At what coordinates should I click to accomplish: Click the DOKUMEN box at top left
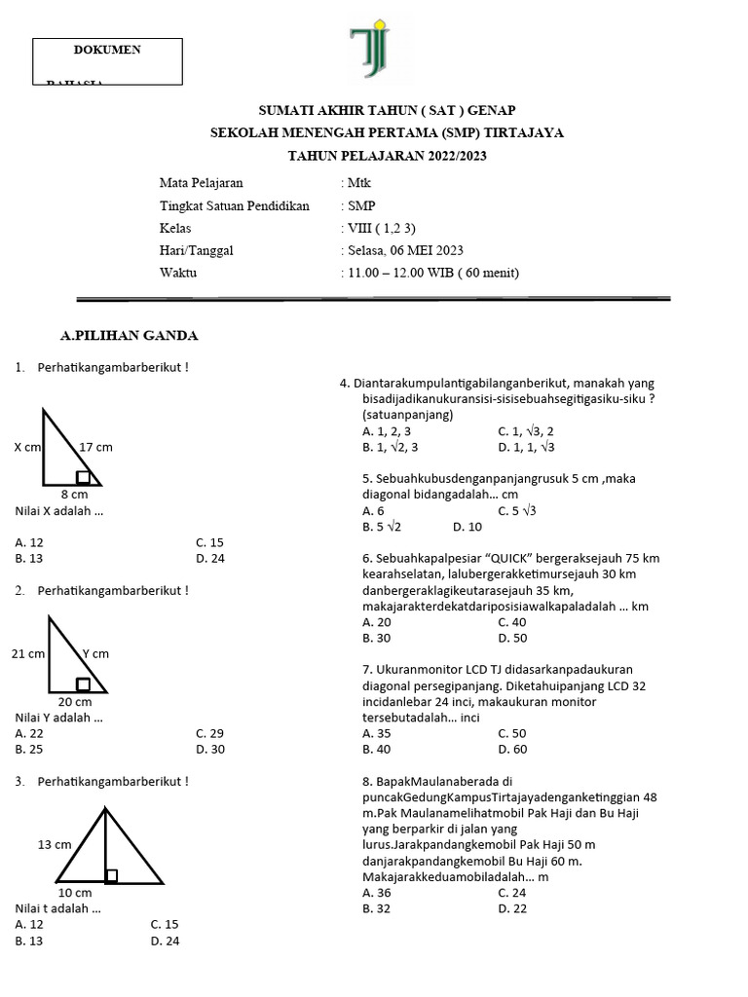107,61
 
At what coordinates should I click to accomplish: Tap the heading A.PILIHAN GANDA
129,336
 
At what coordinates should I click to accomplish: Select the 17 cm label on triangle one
95,447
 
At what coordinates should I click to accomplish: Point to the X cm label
28,447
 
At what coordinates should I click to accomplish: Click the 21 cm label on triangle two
28,654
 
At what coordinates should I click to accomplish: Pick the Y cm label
95,653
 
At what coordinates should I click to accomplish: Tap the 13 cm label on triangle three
55,844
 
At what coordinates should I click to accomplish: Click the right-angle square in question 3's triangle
111,875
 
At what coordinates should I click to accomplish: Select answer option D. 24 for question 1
209,559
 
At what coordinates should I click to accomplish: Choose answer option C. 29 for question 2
209,733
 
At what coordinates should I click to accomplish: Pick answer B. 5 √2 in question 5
382,527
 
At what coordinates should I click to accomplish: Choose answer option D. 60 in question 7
512,749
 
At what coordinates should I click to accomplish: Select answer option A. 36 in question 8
377,892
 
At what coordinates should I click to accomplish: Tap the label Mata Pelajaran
201,183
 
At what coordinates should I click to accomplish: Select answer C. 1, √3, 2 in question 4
526,431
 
